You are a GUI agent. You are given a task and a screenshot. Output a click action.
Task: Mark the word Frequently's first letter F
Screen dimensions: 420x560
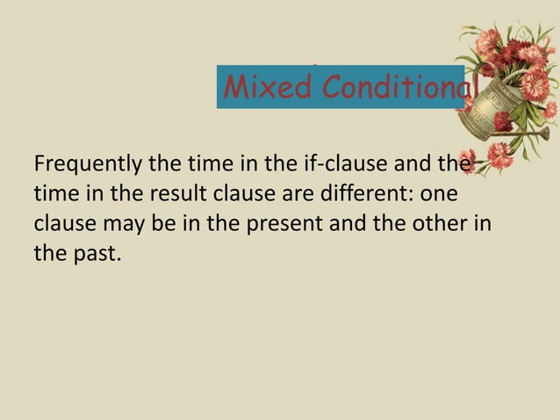[37, 164]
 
